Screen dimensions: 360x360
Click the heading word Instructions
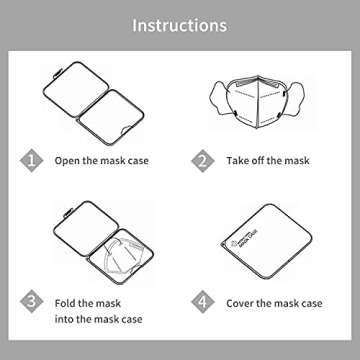click(180, 22)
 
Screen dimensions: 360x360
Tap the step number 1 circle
click(33, 160)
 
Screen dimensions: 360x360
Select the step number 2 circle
click(203, 160)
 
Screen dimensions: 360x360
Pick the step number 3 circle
click(33, 301)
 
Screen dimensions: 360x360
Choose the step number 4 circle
click(203, 301)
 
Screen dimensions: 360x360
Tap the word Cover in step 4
click(241, 301)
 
